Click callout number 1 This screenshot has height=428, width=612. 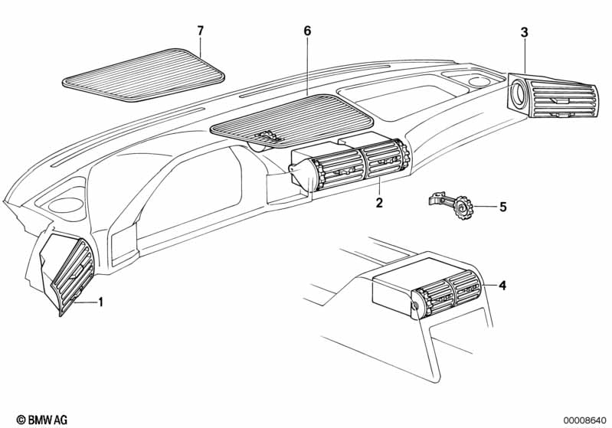tap(100, 302)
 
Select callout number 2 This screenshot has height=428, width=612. tap(379, 202)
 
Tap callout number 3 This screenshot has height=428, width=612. tap(524, 33)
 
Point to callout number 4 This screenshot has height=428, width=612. tap(502, 286)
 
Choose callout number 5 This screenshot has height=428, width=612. tap(503, 207)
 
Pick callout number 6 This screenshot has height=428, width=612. tap(308, 31)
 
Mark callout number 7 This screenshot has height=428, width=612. tap(200, 31)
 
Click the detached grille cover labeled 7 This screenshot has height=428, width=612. tap(144, 75)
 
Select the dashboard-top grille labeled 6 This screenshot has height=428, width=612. tap(292, 120)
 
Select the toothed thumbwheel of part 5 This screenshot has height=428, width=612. tap(464, 207)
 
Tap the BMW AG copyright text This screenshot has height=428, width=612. tap(42, 420)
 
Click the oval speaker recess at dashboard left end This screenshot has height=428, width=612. tap(65, 205)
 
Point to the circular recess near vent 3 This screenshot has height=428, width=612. tap(480, 82)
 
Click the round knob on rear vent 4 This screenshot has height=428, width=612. tap(415, 305)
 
